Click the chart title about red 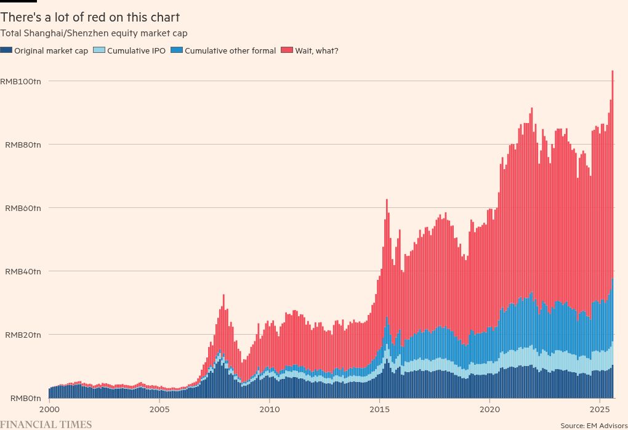point(90,17)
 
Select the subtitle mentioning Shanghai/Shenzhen point(94,33)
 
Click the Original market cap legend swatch point(6,50)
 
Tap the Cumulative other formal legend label point(230,50)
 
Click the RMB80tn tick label point(23,145)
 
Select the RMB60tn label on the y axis point(23,208)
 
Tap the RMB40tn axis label point(23,271)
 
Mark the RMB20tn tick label point(23,335)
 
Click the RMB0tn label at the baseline point(25,399)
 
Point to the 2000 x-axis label point(49,408)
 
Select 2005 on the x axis point(159,408)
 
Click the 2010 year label point(269,408)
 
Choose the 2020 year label point(489,408)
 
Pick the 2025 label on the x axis point(600,408)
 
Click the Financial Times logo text point(46,424)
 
